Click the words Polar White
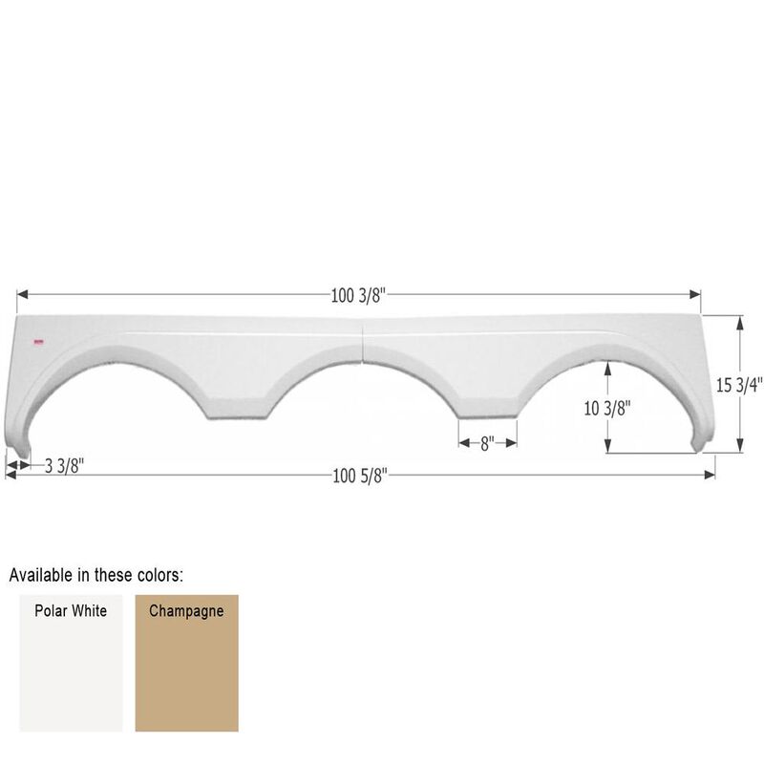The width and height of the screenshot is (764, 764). click(71, 610)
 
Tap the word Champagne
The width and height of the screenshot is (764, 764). click(186, 610)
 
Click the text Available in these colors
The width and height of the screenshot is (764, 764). click(96, 575)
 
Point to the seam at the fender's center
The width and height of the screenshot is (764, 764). click(364, 344)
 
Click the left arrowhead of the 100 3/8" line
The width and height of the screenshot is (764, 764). click(21, 296)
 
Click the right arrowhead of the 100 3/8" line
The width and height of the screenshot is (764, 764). click(697, 296)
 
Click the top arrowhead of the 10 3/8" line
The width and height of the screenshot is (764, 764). click(608, 365)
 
